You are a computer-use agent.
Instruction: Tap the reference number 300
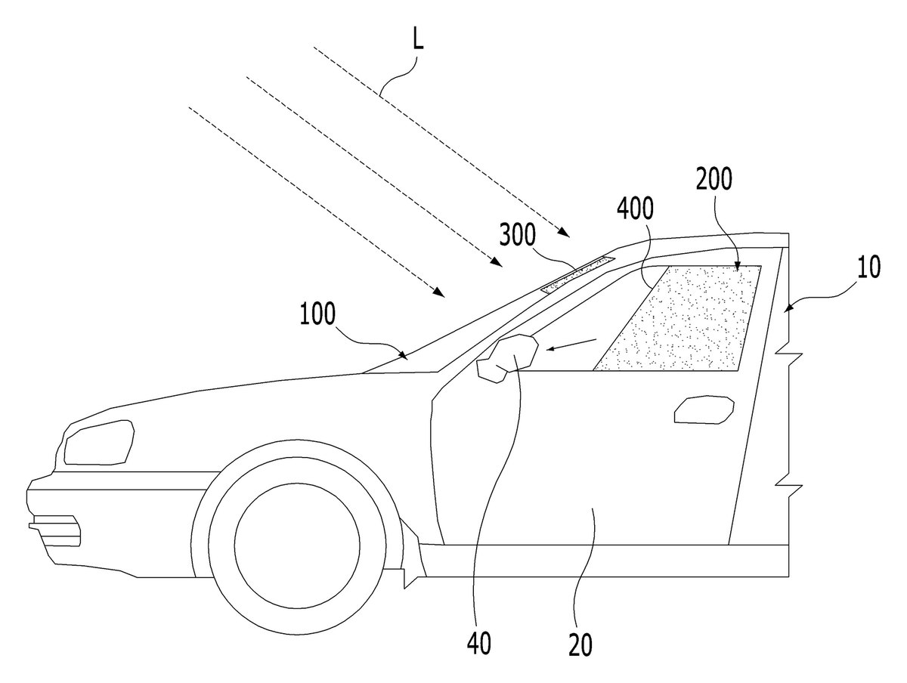[x=518, y=234]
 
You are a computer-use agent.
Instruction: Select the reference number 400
[x=635, y=209]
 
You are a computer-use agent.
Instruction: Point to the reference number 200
[x=714, y=179]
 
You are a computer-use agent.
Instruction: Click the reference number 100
[x=317, y=314]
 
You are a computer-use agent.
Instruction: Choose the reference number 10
[x=868, y=267]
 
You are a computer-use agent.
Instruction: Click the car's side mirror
[x=507, y=357]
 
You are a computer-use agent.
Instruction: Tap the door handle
[x=704, y=409]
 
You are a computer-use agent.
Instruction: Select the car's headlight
[x=99, y=442]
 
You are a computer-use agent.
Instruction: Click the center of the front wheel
[x=297, y=545]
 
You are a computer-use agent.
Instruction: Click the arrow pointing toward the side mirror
[x=571, y=345]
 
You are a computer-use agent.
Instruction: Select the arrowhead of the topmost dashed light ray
[x=565, y=233]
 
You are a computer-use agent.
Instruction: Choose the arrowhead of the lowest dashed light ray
[x=439, y=293]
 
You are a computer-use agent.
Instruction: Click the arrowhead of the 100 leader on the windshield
[x=403, y=354]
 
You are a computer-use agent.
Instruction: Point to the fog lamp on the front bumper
[x=54, y=531]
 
